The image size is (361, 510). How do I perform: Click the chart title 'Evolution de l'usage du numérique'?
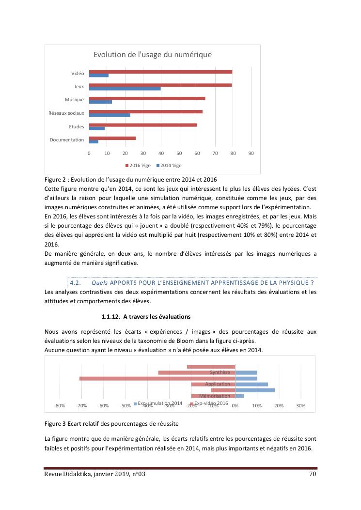152,55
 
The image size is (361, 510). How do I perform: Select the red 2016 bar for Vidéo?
160,72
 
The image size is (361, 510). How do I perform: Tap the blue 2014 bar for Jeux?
125,89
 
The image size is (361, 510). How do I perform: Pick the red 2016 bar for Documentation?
112,138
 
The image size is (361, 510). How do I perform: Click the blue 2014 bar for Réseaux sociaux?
110,115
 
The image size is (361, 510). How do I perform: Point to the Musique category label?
74,100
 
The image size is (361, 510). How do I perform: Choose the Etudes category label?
77,127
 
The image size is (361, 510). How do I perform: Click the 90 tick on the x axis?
251,153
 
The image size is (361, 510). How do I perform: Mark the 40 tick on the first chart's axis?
161,153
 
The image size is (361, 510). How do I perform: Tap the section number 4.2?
75,282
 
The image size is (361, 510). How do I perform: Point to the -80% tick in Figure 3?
60,406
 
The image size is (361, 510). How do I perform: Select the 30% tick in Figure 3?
300,406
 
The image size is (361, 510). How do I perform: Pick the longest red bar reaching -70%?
157,378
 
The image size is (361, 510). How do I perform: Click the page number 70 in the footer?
313,474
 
